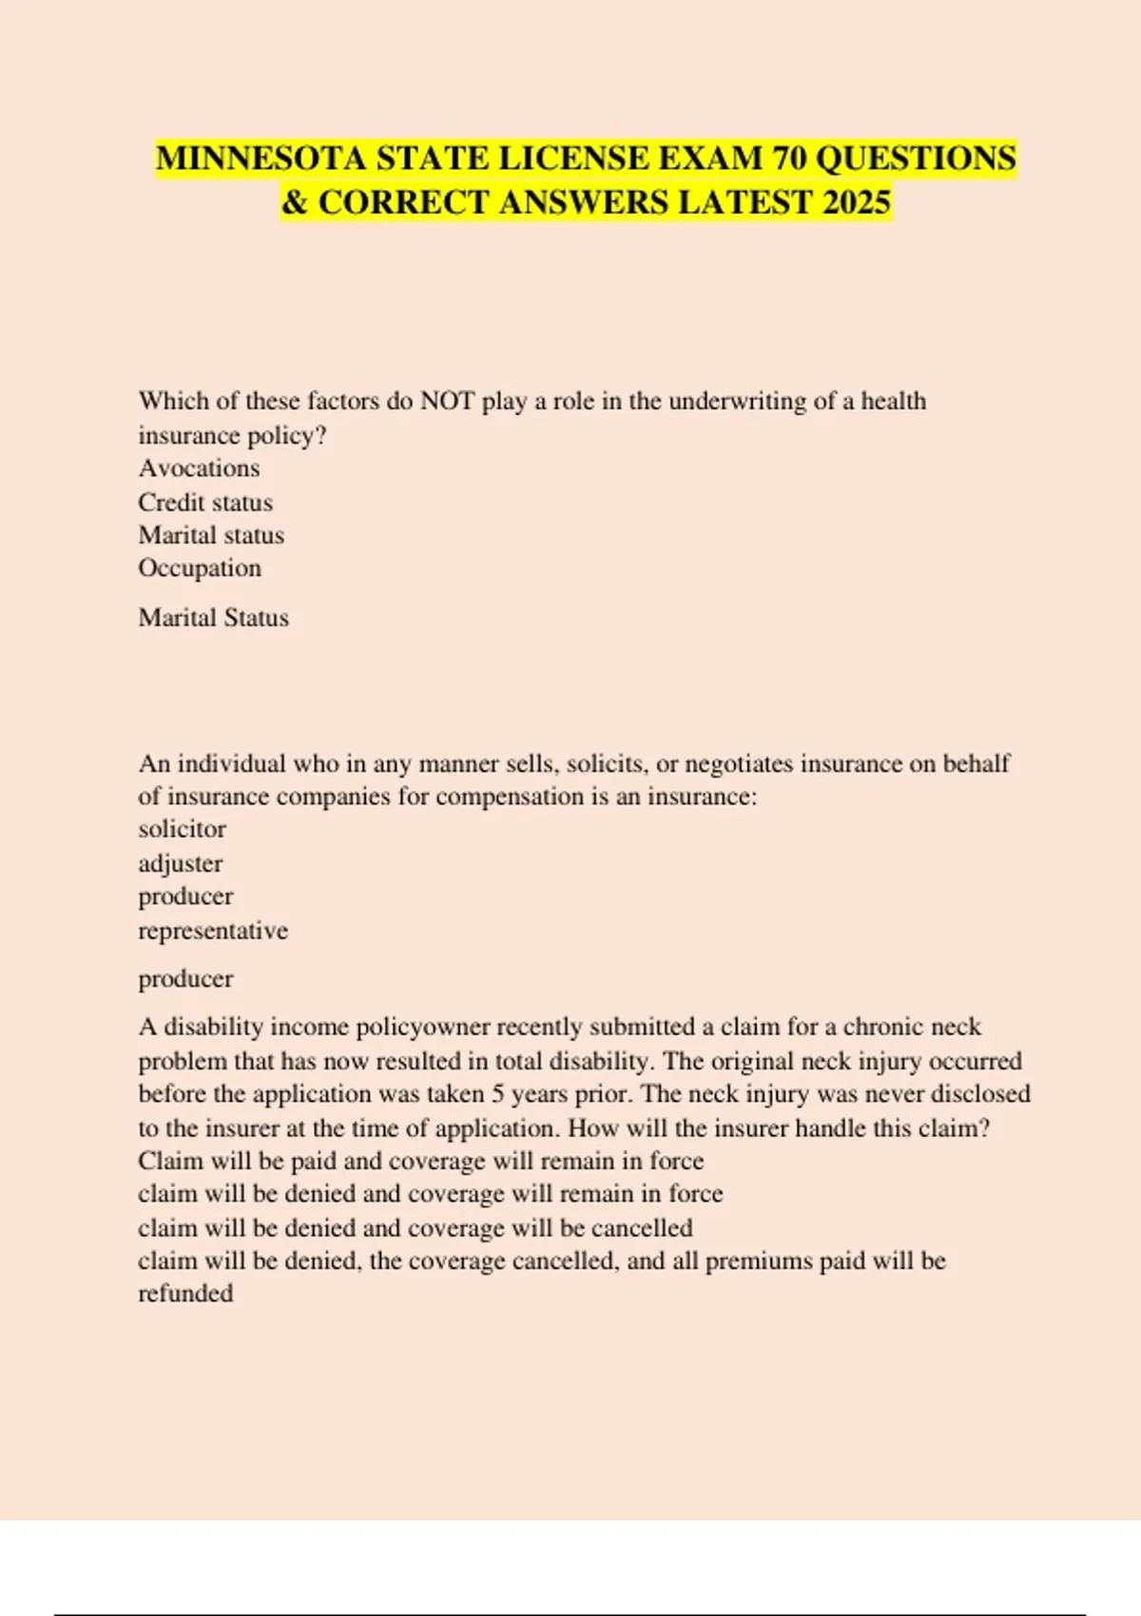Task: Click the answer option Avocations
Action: [199, 468]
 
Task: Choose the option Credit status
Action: [205, 502]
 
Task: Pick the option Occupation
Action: [200, 568]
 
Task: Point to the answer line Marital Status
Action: [213, 618]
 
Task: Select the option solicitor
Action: [182, 829]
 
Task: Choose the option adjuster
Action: [181, 863]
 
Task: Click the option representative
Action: [213, 930]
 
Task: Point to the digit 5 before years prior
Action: [497, 1094]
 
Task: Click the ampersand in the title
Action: [295, 202]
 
